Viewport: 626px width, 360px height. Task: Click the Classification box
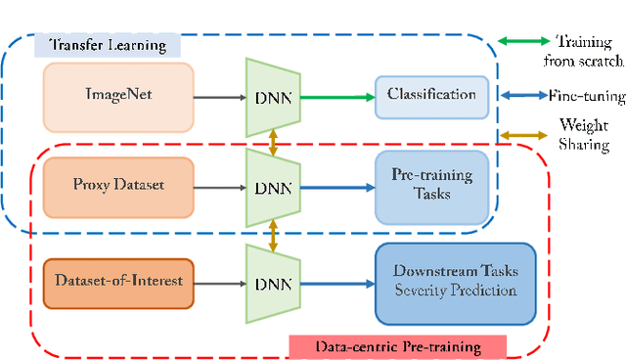coord(430,96)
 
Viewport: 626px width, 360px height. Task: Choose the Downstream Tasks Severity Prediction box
coord(456,283)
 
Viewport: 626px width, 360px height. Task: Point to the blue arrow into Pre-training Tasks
coord(335,186)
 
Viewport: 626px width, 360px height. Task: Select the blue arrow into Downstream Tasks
coord(335,284)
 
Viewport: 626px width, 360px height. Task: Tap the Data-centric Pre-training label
coord(397,345)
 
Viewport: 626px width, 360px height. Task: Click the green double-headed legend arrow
coord(525,41)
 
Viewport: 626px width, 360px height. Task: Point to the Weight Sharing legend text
coord(584,135)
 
